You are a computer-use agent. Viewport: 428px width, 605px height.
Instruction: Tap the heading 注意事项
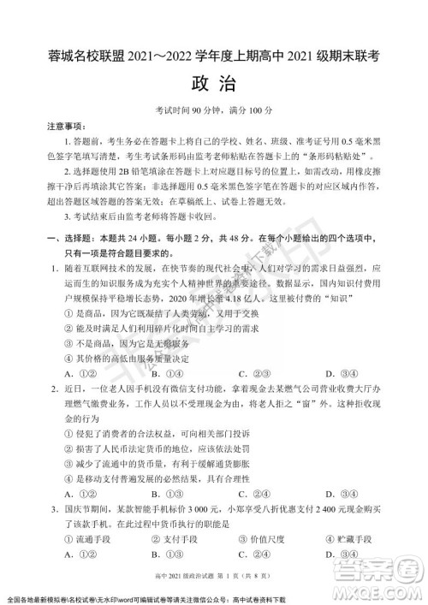pyautogui.click(x=66, y=126)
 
